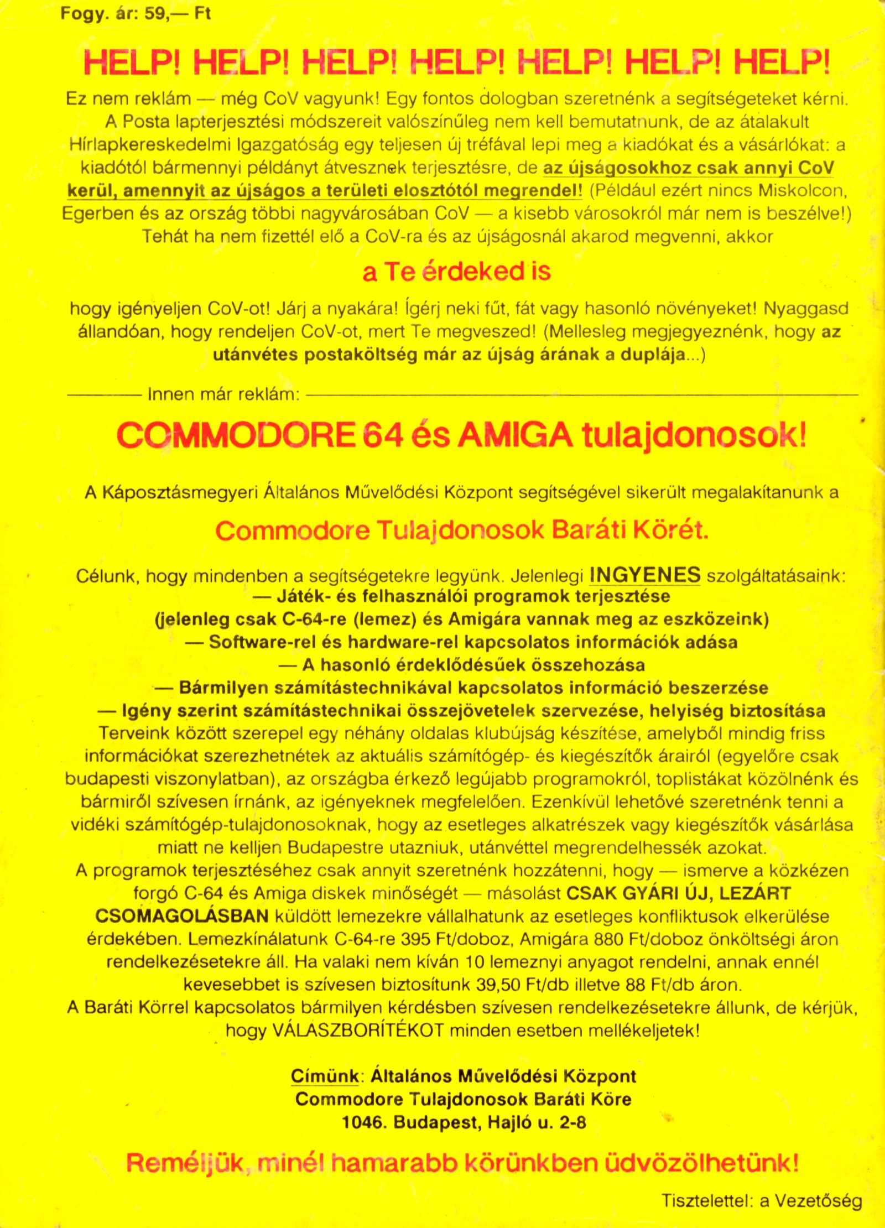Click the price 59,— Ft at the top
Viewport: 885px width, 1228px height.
(x=178, y=13)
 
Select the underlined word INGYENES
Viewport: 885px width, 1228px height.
(x=645, y=575)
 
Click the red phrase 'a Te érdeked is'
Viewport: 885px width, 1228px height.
(x=457, y=272)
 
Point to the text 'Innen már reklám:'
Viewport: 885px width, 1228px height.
(x=223, y=394)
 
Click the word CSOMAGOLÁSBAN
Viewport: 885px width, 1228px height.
(x=182, y=915)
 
